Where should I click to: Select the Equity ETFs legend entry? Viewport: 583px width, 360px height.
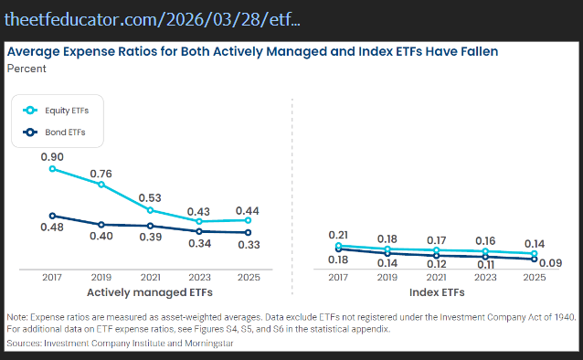67,111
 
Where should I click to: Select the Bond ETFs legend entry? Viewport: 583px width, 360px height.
64,132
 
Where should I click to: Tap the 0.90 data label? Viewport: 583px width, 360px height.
52,156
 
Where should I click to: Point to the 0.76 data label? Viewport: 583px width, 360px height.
101,174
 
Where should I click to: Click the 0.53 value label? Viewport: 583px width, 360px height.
150,198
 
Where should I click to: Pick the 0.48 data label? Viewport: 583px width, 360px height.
52,227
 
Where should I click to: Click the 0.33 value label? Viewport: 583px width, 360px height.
248,245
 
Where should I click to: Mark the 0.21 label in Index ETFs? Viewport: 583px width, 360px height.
338,235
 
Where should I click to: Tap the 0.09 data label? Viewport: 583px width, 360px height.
549,263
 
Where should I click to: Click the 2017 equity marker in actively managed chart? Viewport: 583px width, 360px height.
52,168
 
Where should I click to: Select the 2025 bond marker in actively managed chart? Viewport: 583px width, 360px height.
248,233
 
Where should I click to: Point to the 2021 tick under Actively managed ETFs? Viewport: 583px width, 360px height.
150,277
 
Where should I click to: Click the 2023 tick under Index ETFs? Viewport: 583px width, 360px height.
485,277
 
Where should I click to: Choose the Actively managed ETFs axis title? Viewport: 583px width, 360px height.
150,293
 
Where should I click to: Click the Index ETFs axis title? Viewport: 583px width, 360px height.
436,293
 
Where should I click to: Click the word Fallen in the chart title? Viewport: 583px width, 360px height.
475,52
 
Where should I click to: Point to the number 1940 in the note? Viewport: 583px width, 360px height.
562,316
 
